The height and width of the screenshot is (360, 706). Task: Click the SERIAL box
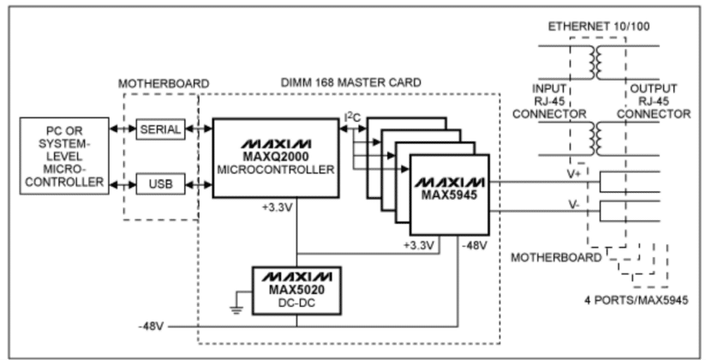[159, 130]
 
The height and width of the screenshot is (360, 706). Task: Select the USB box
[159, 183]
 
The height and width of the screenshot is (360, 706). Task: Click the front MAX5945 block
[449, 194]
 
